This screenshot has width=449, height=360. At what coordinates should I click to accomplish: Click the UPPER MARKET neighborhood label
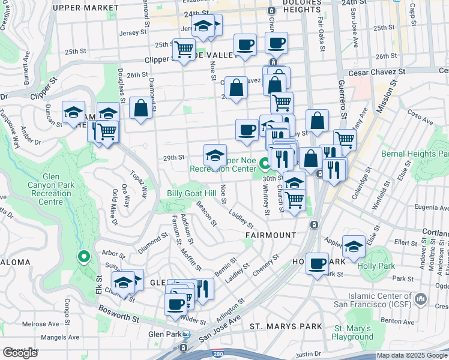tap(85, 8)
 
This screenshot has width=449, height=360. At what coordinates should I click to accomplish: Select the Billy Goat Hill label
tap(191, 193)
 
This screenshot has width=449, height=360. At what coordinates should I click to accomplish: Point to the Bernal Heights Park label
tap(414, 154)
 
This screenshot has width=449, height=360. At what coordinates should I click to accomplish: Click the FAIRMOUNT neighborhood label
tap(270, 235)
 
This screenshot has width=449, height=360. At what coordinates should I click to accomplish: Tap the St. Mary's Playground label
tap(354, 332)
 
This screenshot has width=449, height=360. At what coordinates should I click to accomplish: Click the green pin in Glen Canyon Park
tap(83, 257)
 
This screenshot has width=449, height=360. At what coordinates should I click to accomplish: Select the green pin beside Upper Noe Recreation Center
tap(265, 162)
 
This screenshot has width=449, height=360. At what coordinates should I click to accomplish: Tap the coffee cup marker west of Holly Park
tap(317, 263)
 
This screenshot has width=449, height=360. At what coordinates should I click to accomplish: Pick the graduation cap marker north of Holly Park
tap(354, 245)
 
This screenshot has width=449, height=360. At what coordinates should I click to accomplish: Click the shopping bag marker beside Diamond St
tap(141, 109)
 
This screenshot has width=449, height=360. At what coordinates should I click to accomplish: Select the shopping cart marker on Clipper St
tap(184, 48)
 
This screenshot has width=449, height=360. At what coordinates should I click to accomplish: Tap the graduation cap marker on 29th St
tap(215, 155)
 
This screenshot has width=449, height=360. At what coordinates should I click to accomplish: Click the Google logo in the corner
tap(20, 353)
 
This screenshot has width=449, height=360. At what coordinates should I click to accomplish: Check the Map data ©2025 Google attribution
tap(412, 355)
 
